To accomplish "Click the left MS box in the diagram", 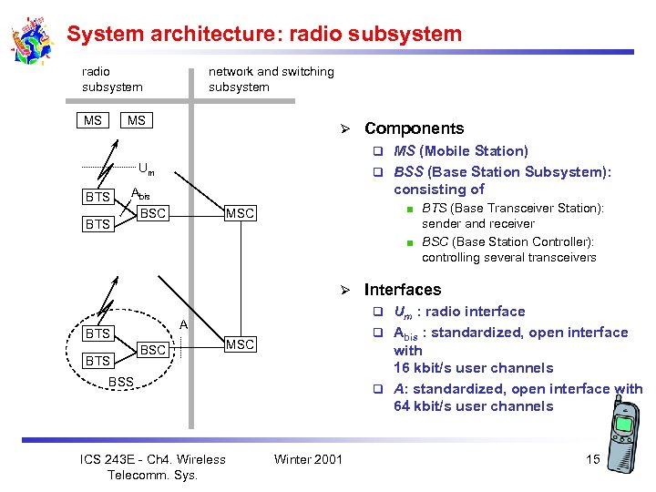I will click(x=93, y=120).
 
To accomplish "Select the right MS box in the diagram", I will click(x=137, y=120).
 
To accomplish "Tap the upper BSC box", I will click(x=152, y=213).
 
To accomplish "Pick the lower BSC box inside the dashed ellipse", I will click(x=152, y=350).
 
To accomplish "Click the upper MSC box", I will click(x=241, y=213).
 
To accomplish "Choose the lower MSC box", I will click(x=241, y=344).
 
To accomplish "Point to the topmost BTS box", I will click(x=97, y=197).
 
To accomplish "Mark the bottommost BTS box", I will click(x=97, y=361).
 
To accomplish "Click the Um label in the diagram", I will click(x=146, y=168).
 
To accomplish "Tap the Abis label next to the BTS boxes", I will click(x=140, y=193).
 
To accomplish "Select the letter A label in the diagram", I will click(x=183, y=324).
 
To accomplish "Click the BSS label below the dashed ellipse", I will click(x=121, y=381).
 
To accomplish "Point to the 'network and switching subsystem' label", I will click(x=271, y=79).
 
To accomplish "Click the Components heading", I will click(x=414, y=128).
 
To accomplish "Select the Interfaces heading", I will click(x=402, y=290).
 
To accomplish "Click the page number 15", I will click(x=592, y=459).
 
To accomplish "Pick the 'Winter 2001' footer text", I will click(x=308, y=459).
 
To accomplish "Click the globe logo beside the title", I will click(x=32, y=39).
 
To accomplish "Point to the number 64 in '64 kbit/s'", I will click(x=402, y=406).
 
